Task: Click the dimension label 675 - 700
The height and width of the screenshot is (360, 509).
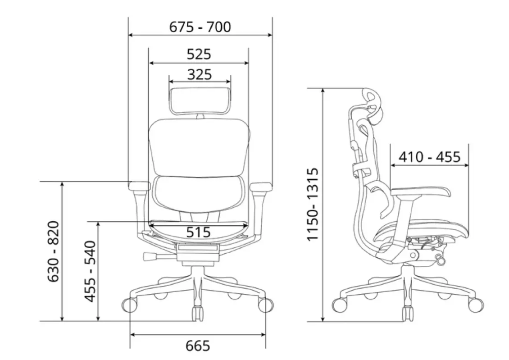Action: coord(200,27)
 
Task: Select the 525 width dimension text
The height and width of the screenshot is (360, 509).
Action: coord(199,54)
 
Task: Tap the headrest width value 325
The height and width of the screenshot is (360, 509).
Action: coord(200,75)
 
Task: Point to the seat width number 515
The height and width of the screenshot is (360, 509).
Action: coord(198,232)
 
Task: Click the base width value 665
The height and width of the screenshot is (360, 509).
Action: coord(198,346)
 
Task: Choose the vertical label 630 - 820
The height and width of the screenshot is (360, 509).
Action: coord(54,251)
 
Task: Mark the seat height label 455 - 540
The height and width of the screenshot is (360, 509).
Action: coord(90,271)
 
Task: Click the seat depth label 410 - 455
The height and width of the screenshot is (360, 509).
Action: coord(429,157)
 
